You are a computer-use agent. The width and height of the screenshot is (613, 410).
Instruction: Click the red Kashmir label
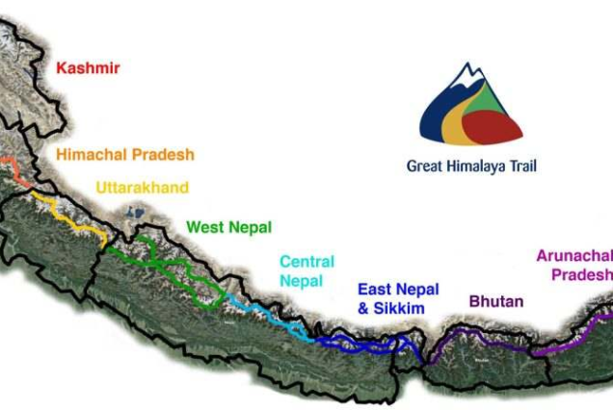click(x=88, y=68)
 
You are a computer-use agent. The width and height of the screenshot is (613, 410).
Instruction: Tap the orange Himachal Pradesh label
click(x=125, y=154)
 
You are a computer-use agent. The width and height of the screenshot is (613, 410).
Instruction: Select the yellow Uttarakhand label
click(x=142, y=188)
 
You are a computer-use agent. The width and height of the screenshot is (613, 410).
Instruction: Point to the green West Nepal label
click(x=228, y=227)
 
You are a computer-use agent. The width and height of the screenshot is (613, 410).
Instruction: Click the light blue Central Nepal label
click(x=306, y=270)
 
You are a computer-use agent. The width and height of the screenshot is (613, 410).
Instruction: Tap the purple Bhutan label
click(x=496, y=301)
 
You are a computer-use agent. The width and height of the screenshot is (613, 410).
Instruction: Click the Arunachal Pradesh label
click(x=575, y=265)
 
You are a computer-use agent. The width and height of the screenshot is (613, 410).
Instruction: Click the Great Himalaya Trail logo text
click(x=471, y=166)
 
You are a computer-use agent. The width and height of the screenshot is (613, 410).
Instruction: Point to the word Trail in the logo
click(x=520, y=166)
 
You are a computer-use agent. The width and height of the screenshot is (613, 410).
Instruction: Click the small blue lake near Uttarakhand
click(x=128, y=210)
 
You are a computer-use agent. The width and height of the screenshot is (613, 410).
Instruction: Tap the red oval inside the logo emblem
click(x=492, y=123)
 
